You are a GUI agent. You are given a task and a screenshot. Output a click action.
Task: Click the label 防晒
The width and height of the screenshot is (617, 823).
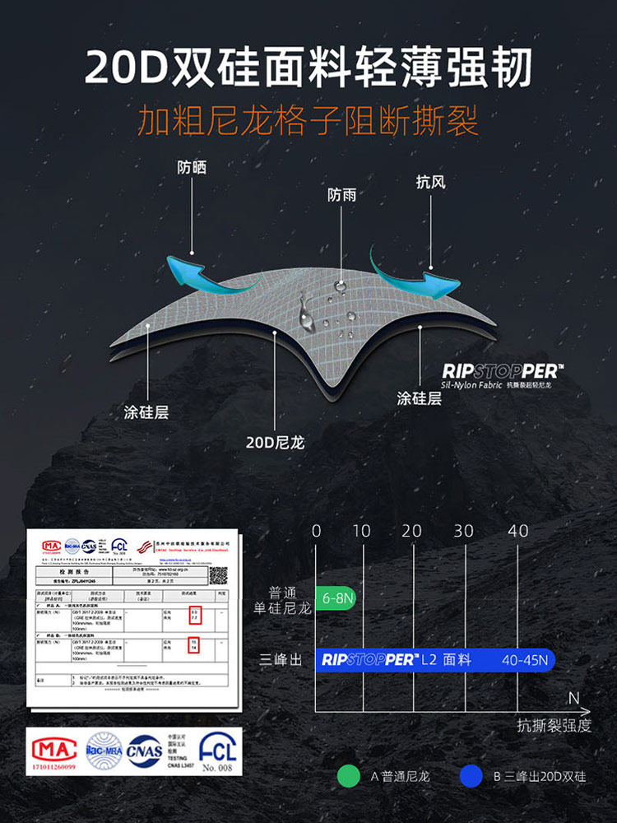click(192, 167)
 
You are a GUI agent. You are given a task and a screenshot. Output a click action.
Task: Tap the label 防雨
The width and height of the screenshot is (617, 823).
click(341, 195)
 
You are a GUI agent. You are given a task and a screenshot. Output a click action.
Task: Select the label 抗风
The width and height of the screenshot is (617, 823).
click(430, 182)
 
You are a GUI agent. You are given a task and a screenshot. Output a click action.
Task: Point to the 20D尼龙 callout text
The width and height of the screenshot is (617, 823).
click(275, 443)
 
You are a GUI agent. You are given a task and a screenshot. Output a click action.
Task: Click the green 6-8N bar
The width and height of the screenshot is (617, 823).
click(335, 599)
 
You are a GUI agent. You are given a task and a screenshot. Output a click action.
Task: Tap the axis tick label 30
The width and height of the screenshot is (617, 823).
click(464, 531)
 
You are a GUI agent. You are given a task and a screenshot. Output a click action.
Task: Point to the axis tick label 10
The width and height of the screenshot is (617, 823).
click(362, 531)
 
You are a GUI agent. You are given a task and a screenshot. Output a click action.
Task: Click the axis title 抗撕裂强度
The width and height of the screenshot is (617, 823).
click(554, 725)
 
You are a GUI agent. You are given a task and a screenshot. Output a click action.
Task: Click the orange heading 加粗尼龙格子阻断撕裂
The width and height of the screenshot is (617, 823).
click(308, 122)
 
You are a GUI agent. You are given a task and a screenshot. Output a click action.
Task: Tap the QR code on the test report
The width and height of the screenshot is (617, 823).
click(217, 574)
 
